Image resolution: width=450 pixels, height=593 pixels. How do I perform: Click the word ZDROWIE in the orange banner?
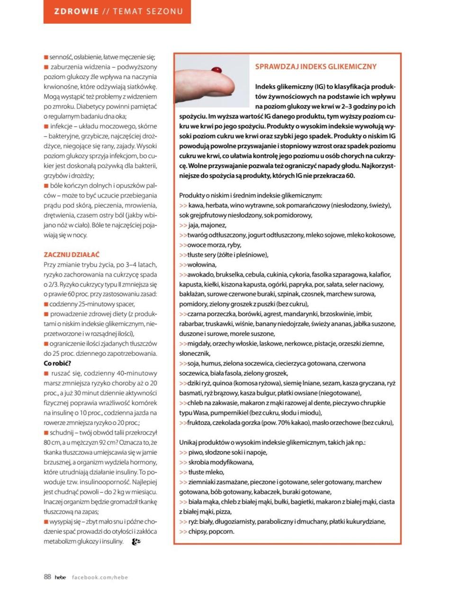[x=76, y=11]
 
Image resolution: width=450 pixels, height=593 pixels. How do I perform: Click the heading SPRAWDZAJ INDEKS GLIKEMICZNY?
[x=315, y=67]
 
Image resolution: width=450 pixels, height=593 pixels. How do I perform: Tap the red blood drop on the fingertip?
[x=217, y=70]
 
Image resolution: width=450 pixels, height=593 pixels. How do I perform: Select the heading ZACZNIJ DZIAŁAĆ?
[x=72, y=254]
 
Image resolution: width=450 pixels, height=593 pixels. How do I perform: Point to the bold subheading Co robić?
[x=57, y=363]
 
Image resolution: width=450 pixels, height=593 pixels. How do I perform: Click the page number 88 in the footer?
[x=47, y=576]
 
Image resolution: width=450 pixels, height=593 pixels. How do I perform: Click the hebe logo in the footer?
[x=60, y=577]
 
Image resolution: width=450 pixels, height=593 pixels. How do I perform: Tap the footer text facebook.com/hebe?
[x=100, y=577]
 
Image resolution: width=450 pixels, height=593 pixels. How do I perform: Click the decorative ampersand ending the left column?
[x=135, y=541]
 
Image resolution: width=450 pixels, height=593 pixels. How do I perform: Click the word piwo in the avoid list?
[x=195, y=452]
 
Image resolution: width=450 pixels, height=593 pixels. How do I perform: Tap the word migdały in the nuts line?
[x=199, y=343]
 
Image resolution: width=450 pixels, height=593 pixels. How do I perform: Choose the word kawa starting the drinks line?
[x=195, y=205]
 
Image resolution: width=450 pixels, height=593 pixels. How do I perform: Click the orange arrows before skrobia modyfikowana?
[x=183, y=462]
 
